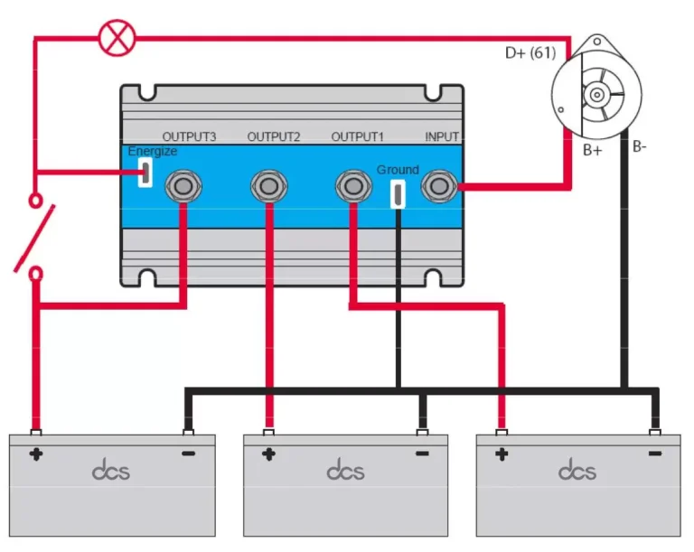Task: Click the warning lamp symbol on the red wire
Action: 115,38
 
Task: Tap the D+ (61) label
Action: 530,53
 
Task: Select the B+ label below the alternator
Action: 592,150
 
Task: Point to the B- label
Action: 640,145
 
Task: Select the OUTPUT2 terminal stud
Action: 268,187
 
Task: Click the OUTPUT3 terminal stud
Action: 183,187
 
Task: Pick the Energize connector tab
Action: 144,173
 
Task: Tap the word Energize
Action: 152,152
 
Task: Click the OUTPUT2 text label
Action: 273,136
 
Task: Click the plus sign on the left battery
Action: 36,454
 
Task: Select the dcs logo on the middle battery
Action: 345,471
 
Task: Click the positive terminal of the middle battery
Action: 268,429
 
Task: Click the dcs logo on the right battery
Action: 577,471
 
